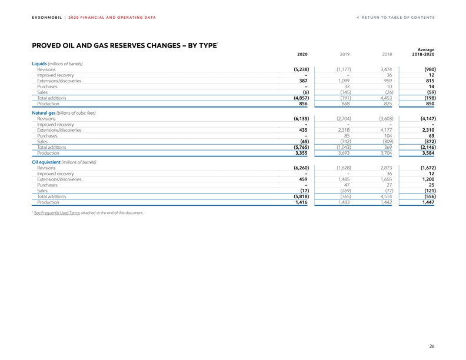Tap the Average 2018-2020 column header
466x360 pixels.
422,53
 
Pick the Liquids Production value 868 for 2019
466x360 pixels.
346,104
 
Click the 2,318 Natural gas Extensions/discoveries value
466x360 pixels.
344,130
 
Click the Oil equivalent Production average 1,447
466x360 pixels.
427,202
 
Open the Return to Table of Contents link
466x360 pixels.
395,17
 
